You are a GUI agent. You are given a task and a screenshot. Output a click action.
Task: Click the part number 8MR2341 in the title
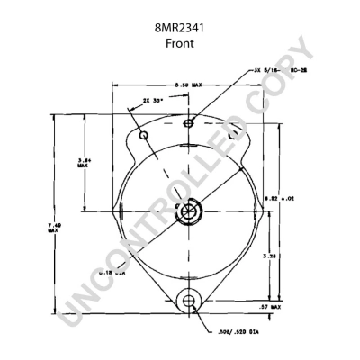pyautogui.click(x=181, y=30)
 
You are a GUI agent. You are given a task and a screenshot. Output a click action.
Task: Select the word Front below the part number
pyautogui.click(x=181, y=45)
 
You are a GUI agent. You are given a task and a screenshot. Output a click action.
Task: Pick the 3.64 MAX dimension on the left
pyautogui.click(x=82, y=163)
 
